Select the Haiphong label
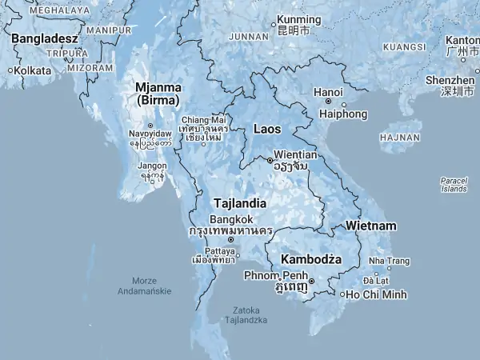[x=344, y=114]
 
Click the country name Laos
[x=266, y=128]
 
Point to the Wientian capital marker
[x=270, y=160]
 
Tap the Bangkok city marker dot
[x=231, y=239]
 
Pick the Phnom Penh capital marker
[x=312, y=282]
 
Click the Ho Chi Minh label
[x=378, y=294]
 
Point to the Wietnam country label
[x=370, y=226]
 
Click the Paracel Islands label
[x=454, y=185]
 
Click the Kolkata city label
[x=32, y=70]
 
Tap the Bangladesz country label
[x=44, y=38]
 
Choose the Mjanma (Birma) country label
[x=158, y=93]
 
